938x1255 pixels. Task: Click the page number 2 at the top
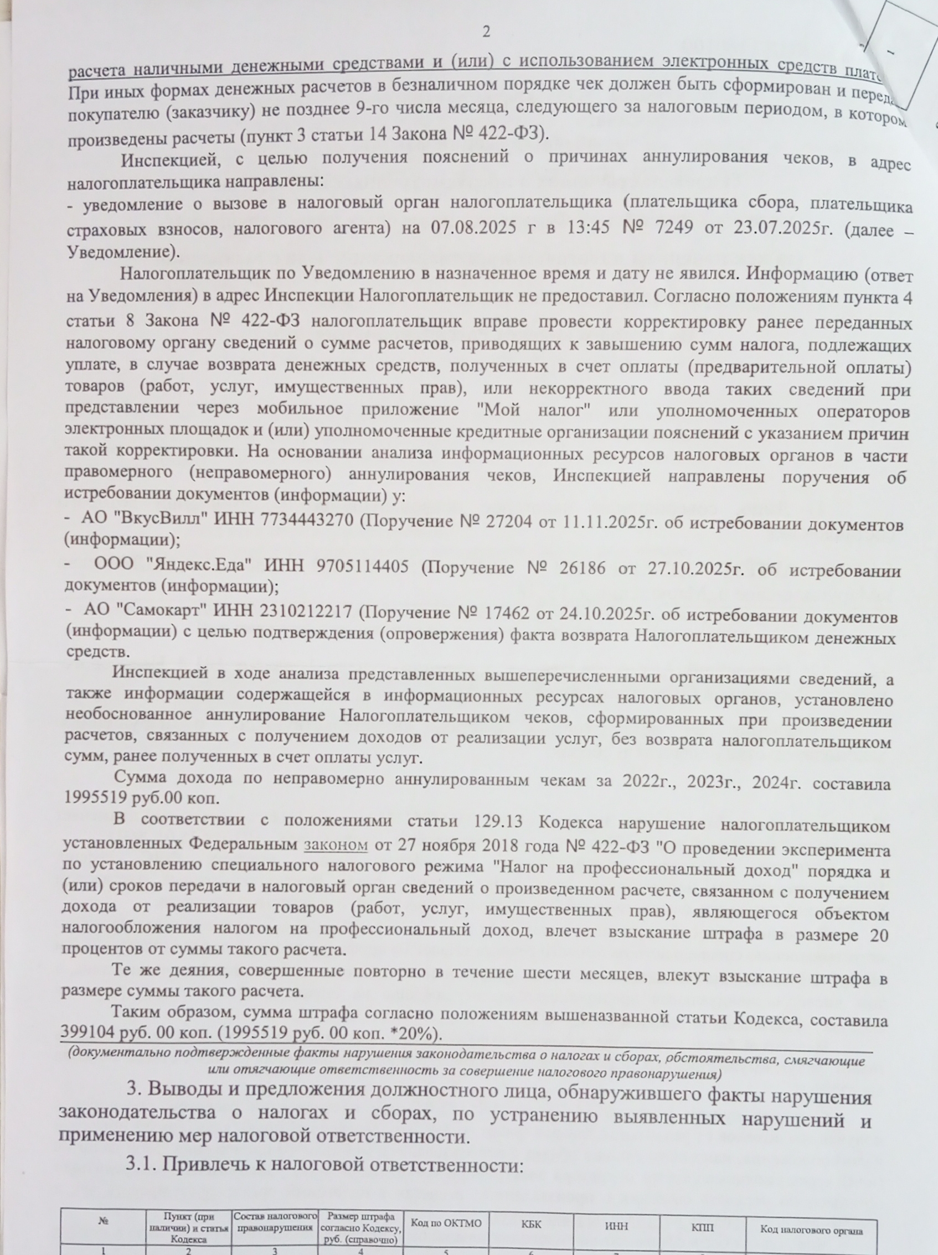click(486, 32)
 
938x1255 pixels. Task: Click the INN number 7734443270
click(307, 519)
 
